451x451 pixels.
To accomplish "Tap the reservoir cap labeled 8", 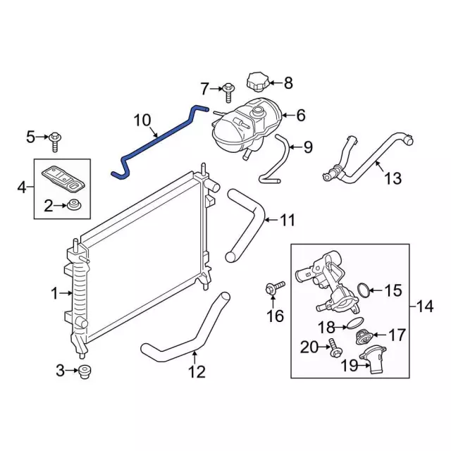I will click(x=258, y=82).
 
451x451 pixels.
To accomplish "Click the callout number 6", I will click(x=300, y=115).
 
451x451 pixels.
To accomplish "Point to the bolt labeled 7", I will click(x=230, y=89).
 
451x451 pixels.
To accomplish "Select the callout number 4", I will click(x=20, y=187).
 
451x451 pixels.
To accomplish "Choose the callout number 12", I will click(x=197, y=371).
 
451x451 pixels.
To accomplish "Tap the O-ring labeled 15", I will click(x=364, y=290).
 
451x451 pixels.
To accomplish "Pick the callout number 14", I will click(x=425, y=307).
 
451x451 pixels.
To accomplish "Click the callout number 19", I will click(x=350, y=365).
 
